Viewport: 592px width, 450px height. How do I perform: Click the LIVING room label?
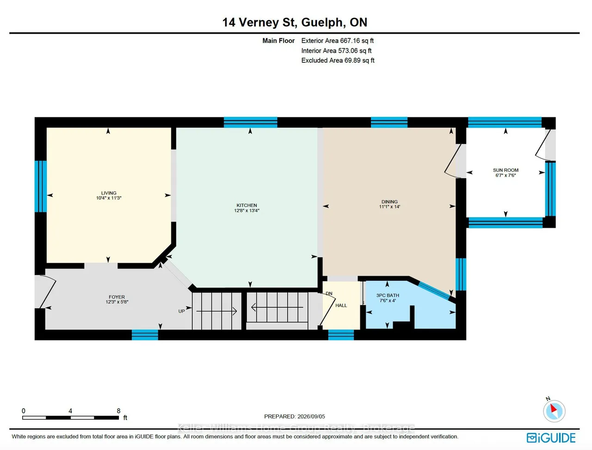point(109,193)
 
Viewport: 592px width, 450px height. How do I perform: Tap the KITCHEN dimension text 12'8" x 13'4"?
point(247,210)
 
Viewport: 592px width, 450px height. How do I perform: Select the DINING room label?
point(389,201)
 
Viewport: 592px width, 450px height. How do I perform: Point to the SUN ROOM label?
point(506,170)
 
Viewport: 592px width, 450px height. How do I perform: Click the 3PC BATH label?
point(388,295)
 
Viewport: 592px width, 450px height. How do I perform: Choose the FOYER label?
point(117,297)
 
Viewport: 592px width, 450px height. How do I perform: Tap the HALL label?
point(341,305)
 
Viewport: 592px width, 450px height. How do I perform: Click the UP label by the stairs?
point(181,311)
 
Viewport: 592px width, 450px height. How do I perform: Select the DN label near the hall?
point(329,293)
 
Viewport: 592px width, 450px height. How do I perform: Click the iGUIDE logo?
point(551,438)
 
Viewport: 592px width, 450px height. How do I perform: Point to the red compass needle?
point(554,408)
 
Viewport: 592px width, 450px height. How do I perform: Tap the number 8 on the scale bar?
point(118,411)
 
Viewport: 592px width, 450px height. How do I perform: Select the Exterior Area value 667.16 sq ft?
point(357,41)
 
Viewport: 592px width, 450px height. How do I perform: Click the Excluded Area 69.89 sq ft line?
point(338,61)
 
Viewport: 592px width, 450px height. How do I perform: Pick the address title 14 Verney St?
point(260,22)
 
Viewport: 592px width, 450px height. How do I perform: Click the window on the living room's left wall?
point(41,186)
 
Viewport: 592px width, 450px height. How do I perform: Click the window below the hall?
point(341,335)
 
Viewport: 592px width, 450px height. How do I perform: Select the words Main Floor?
point(278,41)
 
